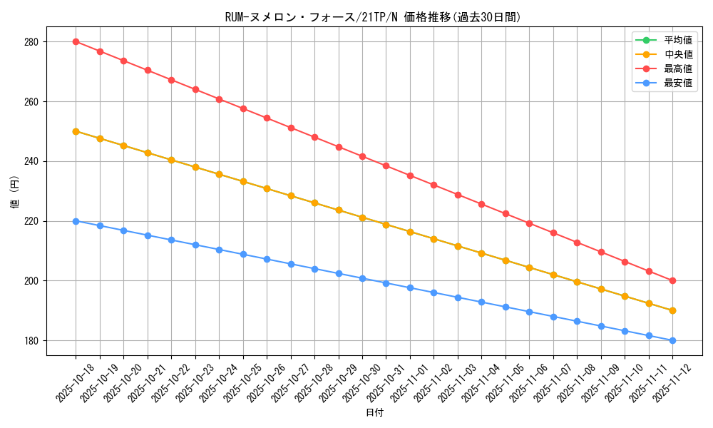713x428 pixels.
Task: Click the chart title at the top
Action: pyautogui.click(x=373, y=17)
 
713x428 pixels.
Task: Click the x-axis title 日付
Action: pyautogui.click(x=374, y=413)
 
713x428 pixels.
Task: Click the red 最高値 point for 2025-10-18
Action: pyautogui.click(x=76, y=41)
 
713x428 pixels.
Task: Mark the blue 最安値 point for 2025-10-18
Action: pyautogui.click(x=76, y=221)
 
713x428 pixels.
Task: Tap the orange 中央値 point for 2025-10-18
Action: pyautogui.click(x=76, y=131)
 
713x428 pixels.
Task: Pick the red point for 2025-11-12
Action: pyautogui.click(x=672, y=280)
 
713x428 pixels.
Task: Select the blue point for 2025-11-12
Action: pyautogui.click(x=672, y=340)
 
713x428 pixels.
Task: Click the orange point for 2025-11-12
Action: pyautogui.click(x=672, y=310)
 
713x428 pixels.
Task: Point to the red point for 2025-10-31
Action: pyautogui.click(x=386, y=165)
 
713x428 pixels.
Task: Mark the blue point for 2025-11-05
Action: pyautogui.click(x=506, y=307)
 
